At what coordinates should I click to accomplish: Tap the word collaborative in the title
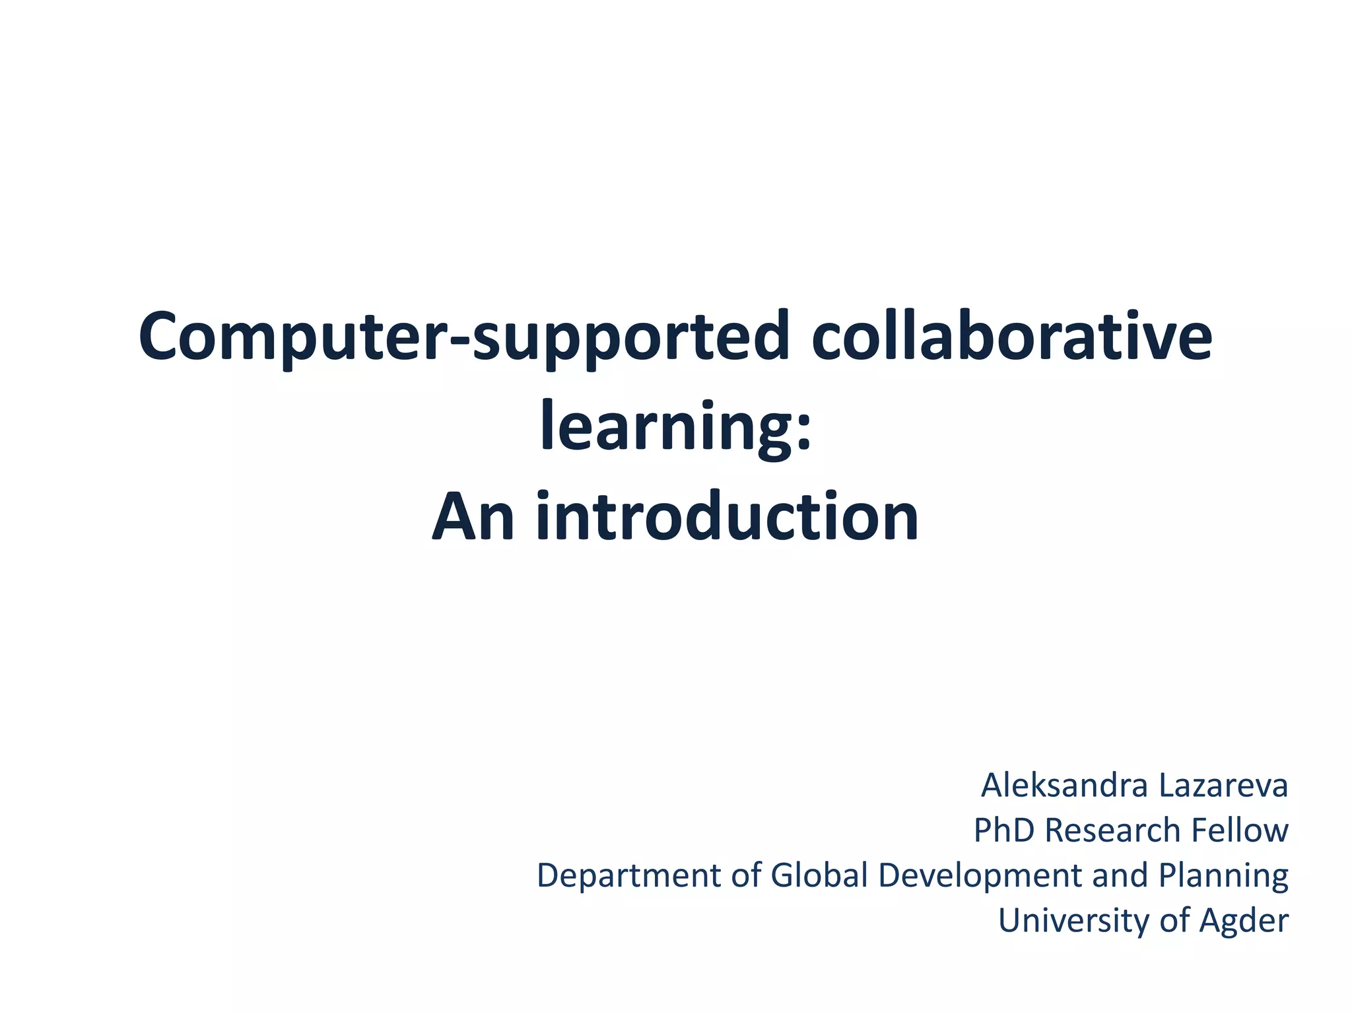(x=1011, y=337)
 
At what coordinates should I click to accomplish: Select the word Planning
(x=1223, y=876)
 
